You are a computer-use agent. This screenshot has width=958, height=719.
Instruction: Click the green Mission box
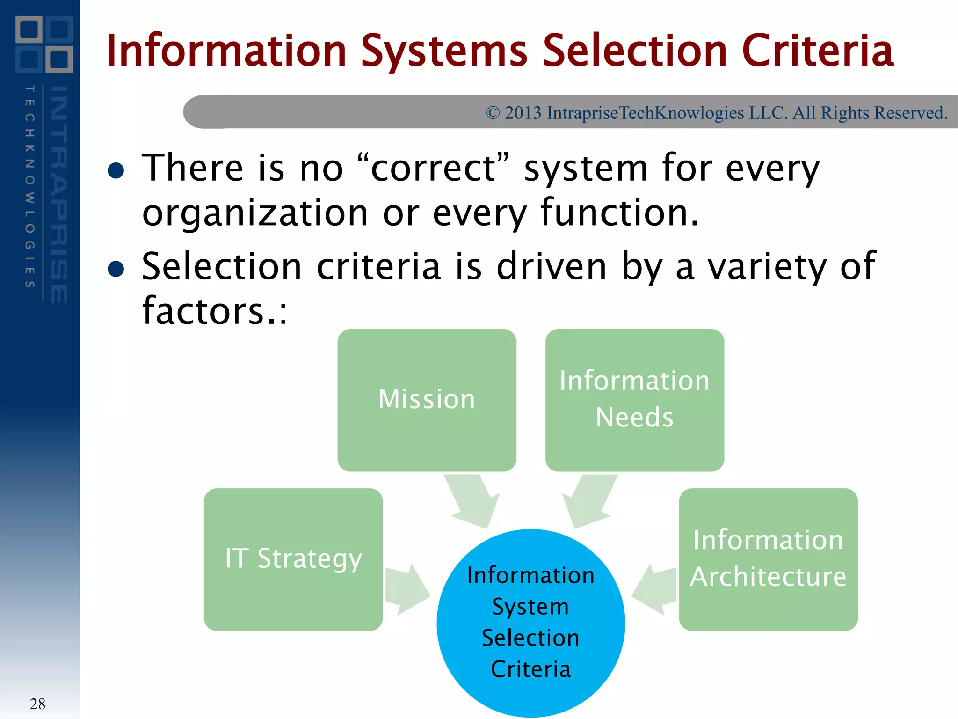click(x=427, y=400)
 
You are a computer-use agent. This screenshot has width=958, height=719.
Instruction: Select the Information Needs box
click(x=634, y=400)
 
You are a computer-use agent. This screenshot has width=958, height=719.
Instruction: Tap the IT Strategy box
click(x=293, y=559)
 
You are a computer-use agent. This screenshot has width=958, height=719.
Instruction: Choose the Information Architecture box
click(x=768, y=559)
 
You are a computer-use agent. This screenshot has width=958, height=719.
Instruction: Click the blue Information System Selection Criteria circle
click(x=530, y=623)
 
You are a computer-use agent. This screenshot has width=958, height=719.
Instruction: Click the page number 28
click(x=37, y=704)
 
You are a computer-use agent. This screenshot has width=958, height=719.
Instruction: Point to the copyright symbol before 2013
click(x=493, y=113)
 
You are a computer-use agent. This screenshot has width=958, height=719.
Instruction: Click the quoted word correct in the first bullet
click(x=433, y=168)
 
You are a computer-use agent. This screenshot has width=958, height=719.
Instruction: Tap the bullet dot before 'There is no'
click(x=116, y=170)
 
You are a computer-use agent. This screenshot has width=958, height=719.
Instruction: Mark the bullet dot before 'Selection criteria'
click(x=116, y=269)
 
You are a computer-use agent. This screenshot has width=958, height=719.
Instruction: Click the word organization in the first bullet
click(x=255, y=213)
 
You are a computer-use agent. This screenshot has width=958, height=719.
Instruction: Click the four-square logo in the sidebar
click(x=44, y=44)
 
